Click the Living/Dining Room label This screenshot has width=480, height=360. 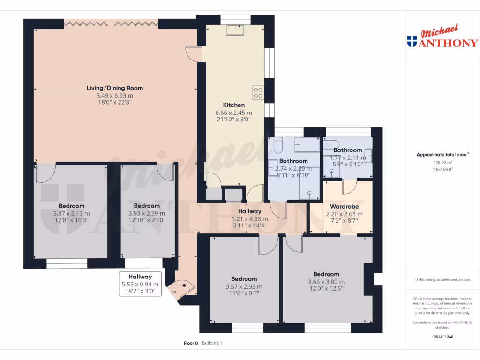coord(115,88)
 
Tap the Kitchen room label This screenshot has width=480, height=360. coord(233,105)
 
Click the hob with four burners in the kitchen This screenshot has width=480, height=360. coord(258,92)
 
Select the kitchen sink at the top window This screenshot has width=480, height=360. coord(232,30)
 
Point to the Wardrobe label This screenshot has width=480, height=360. coord(345,206)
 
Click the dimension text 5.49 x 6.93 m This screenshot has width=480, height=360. coord(115,95)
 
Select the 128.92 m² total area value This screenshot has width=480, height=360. coord(442,163)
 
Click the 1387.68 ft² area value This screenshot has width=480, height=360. coord(442,169)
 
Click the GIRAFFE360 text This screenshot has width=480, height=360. coord(443,337)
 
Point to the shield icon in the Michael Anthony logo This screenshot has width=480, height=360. coord(412,42)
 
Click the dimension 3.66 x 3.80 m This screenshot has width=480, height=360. coord(326,282)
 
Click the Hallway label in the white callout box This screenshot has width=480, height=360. coord(141,277)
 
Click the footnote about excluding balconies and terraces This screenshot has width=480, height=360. coord(442,280)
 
